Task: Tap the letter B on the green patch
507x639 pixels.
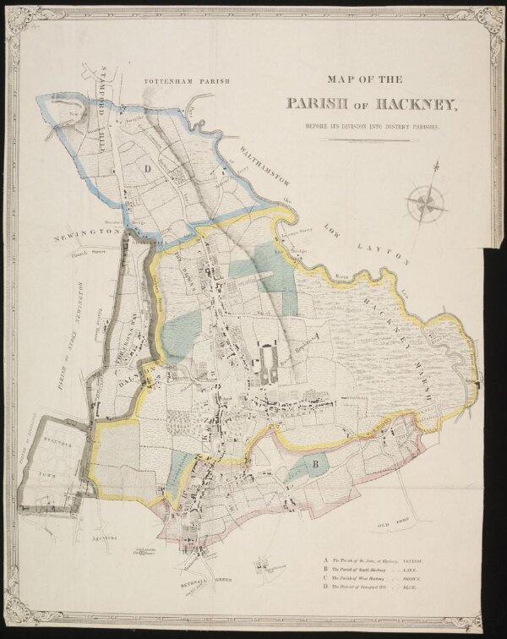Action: point(314,463)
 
